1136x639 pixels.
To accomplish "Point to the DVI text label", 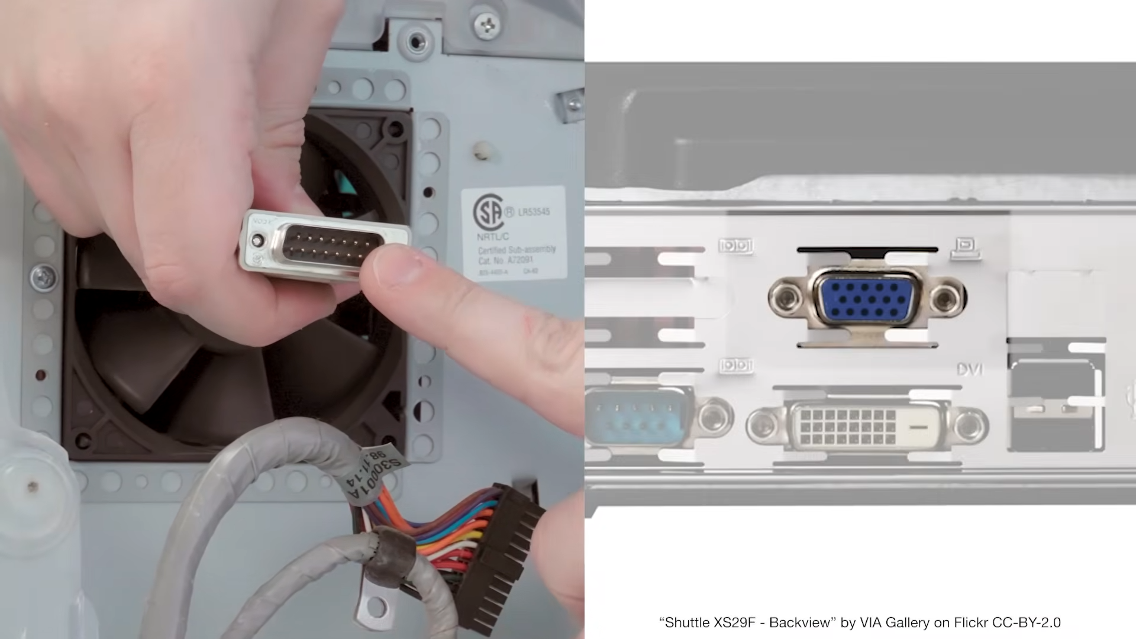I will pos(970,370).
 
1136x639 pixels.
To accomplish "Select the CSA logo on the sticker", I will pos(489,213).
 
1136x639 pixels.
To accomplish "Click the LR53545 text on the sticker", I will pos(534,212).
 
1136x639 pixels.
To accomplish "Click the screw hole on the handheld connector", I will pos(257,240).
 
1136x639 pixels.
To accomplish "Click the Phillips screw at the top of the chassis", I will pos(486,25).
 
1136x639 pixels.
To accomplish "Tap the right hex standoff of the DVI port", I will pos(969,425).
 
